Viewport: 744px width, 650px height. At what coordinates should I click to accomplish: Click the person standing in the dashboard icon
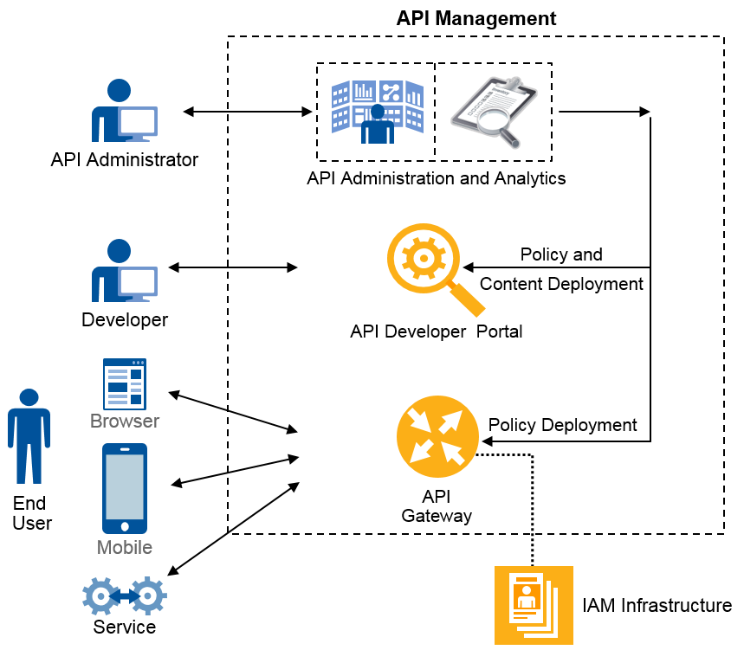pos(378,126)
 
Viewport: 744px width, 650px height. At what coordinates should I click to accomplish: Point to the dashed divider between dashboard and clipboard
pos(435,112)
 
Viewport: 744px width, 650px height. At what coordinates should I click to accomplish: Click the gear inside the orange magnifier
pos(423,258)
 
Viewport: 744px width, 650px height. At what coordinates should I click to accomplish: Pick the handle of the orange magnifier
pos(469,299)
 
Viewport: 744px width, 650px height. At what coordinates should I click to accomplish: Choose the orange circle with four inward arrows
pos(437,436)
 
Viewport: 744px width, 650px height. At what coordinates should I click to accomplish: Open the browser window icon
pos(125,383)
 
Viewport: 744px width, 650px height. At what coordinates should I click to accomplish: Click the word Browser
pos(125,422)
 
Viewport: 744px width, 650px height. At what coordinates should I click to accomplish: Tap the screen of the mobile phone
pos(125,486)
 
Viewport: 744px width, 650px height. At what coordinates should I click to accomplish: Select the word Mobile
pos(125,548)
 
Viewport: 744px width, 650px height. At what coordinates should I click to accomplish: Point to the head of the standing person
pos(29,398)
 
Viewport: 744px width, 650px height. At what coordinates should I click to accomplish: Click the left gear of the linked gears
pos(100,596)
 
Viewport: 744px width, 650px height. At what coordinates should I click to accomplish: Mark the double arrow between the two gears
pos(125,596)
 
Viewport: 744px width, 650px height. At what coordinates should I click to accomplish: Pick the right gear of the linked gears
pos(149,595)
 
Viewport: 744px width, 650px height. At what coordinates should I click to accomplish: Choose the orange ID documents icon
pos(534,605)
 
